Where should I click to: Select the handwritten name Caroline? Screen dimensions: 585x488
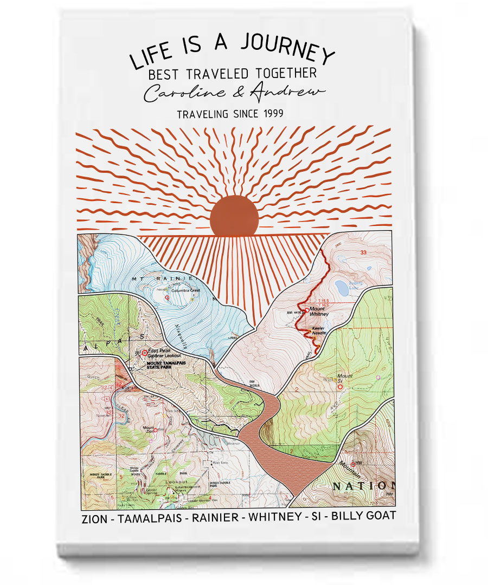pyautogui.click(x=184, y=93)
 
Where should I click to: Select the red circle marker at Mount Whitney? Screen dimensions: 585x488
pyautogui.click(x=307, y=310)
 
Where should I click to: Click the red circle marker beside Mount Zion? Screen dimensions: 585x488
pyautogui.click(x=155, y=430)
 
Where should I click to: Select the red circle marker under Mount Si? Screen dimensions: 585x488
pyautogui.click(x=340, y=387)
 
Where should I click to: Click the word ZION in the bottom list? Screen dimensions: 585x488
pyautogui.click(x=94, y=517)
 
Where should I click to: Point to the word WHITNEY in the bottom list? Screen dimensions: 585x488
pyautogui.click(x=277, y=517)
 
